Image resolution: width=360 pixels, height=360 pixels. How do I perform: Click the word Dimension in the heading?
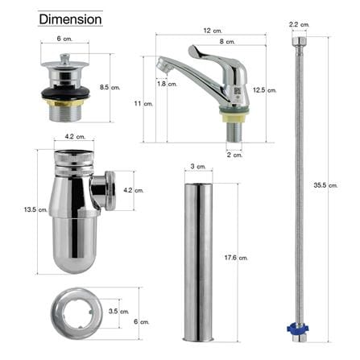click(70, 19)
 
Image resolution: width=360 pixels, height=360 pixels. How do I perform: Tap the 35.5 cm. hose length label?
click(325, 185)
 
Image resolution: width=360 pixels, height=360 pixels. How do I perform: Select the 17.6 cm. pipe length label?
click(236, 258)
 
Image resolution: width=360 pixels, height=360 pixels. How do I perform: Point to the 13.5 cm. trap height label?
click(35, 209)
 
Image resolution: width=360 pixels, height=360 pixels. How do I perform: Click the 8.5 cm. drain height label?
click(110, 87)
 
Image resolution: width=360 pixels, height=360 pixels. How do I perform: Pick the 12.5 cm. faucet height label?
click(264, 90)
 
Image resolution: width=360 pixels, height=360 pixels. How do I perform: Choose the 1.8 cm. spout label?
click(167, 84)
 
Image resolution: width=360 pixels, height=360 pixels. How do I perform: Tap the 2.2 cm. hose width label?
click(299, 24)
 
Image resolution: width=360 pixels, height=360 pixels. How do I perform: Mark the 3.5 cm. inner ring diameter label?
click(118, 311)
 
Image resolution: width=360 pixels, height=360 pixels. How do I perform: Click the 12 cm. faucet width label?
click(213, 31)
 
